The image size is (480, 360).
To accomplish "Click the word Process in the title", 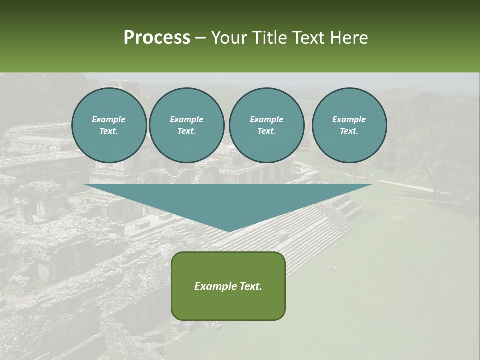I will coord(157,38).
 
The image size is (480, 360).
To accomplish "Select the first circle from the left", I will coord(109,125).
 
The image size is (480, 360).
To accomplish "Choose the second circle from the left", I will coord(186,125).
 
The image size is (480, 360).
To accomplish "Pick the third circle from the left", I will coord(266,125).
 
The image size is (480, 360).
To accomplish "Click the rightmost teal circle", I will coord(349,125).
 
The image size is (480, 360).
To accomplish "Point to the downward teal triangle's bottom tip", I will coord(229,231).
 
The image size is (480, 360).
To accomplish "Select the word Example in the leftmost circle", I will coord(109,119).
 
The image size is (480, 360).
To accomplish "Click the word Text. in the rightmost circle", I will coord(349,131).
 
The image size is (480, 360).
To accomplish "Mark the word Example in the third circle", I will coord(266,119).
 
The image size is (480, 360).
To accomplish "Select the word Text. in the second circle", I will coord(186,131).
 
